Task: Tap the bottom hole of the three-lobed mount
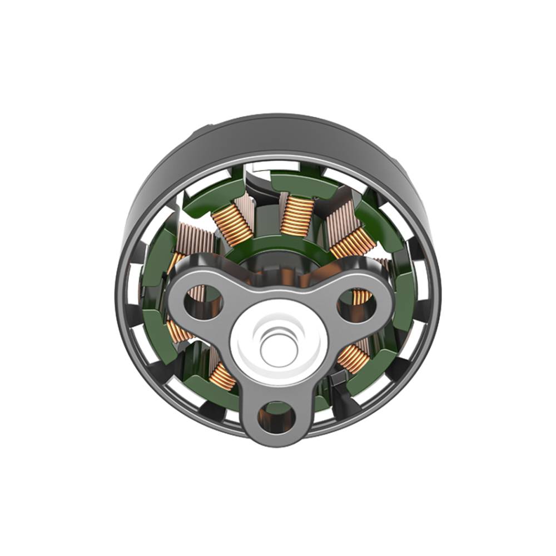(276, 416)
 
